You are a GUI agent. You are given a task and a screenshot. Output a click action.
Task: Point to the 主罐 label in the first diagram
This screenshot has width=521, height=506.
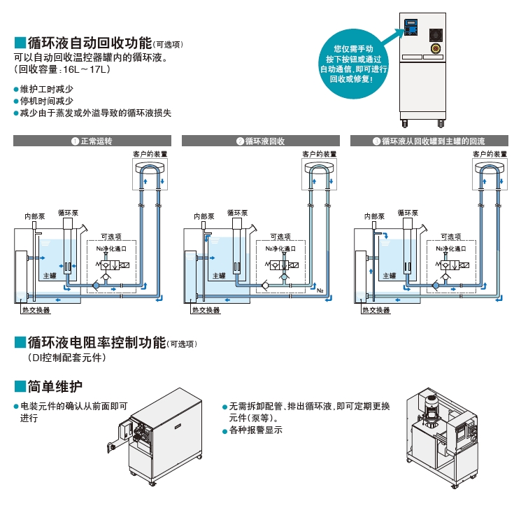coord(49,276)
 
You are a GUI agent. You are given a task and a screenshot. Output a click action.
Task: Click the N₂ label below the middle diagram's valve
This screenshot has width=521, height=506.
coord(320,290)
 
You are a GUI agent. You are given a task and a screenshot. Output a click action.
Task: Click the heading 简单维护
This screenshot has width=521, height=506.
coord(55,386)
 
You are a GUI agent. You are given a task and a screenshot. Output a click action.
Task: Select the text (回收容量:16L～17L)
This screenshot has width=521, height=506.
coord(62,70)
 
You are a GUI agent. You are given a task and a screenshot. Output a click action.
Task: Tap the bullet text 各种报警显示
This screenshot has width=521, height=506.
coord(256,430)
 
